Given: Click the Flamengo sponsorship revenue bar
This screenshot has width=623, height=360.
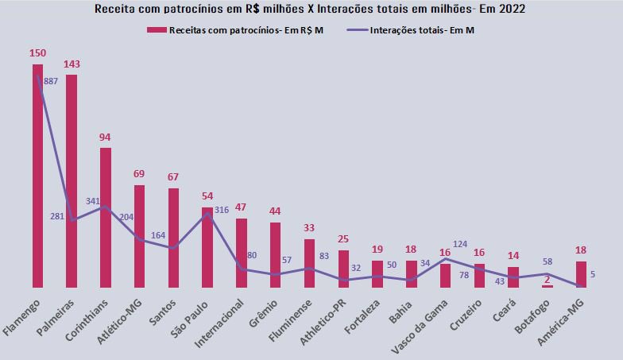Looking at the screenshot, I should [x=37, y=175].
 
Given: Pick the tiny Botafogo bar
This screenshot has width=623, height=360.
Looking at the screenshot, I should [x=548, y=285].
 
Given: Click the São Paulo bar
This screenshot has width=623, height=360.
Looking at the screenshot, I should [x=207, y=246].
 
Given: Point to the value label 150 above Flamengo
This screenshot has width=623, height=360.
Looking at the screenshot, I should [x=37, y=53].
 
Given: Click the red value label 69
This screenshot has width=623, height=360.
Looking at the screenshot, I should [x=139, y=173].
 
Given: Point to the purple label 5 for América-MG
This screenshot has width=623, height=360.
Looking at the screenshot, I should [x=593, y=275].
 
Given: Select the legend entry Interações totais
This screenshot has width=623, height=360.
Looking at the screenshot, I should [x=425, y=29].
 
